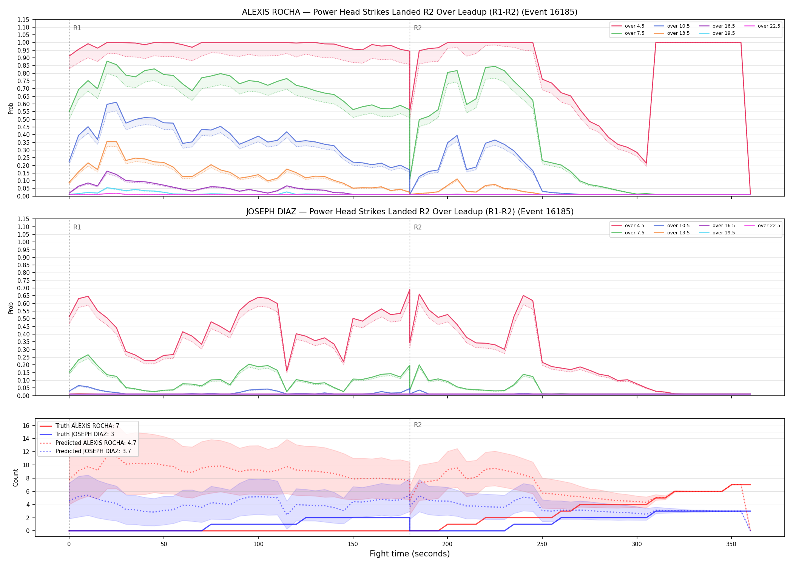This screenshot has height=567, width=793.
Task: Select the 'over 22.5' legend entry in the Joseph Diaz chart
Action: coord(762,226)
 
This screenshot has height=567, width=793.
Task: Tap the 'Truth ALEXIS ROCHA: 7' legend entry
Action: coord(79,426)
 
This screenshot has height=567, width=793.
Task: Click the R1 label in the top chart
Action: coord(77,28)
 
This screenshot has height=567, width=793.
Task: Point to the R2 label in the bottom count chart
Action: coord(418,425)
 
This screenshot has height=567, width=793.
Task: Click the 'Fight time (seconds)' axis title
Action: coord(410,554)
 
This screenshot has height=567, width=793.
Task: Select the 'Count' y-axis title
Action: coord(15,477)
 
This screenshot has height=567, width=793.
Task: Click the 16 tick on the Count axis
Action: coord(26,426)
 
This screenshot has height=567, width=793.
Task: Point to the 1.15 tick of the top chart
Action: coord(23,20)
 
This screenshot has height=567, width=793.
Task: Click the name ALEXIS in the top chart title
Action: coord(256,12)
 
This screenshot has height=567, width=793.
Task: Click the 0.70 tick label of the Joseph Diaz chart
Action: coord(23,288)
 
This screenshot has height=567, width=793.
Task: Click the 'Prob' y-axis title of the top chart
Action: coord(11,108)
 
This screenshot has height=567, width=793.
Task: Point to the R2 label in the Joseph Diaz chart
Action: coord(418,227)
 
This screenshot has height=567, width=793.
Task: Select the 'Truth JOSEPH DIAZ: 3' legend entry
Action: coord(76,434)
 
